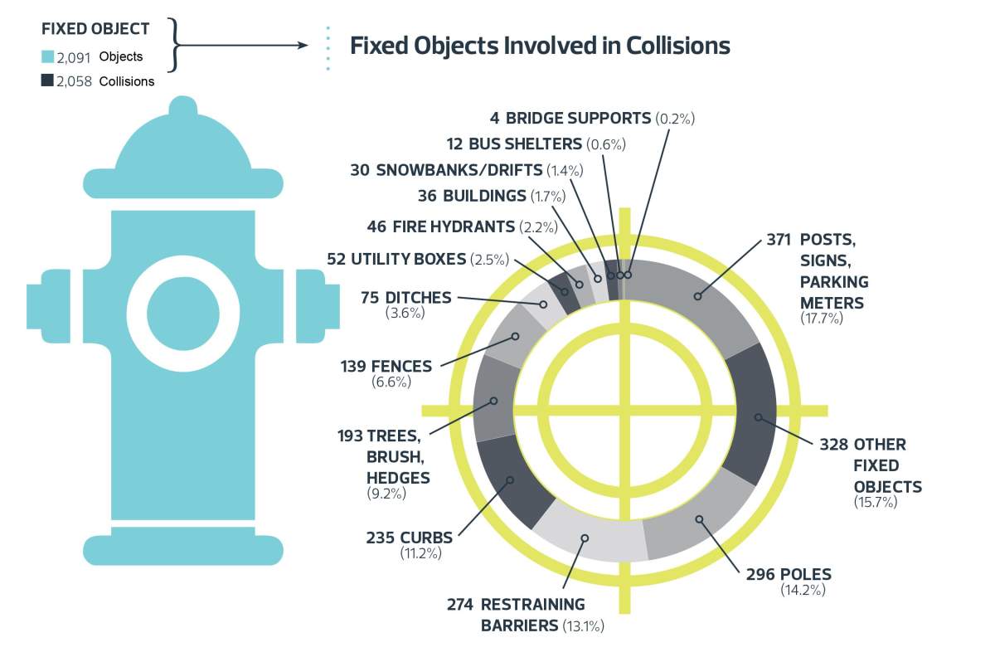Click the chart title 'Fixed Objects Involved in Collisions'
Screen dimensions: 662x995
pos(540,45)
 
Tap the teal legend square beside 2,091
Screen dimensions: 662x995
pos(47,57)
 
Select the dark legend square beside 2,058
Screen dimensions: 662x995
pos(47,80)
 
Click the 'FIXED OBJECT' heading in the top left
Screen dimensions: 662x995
pos(95,29)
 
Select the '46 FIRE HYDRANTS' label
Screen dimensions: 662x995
pos(441,226)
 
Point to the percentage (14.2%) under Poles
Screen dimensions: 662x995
pos(803,590)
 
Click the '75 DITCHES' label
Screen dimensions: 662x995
pos(406,297)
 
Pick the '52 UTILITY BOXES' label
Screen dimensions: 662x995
pos(396,259)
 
